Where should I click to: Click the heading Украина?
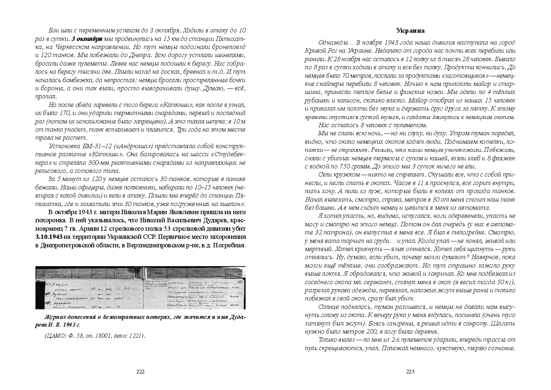point(410,31)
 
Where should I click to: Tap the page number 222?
point(140,372)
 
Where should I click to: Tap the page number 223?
point(410,372)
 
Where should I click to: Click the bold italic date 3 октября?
point(87,39)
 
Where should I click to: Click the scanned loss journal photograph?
point(140,288)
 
